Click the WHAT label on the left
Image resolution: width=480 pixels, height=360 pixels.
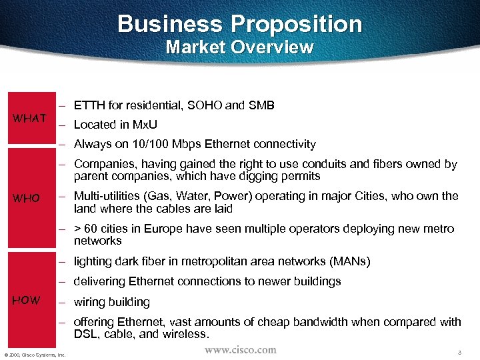[x=30, y=119]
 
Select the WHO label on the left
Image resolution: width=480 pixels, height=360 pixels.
[x=27, y=199]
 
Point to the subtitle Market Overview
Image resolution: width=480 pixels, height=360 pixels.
[x=239, y=47]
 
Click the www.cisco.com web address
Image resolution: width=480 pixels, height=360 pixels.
[x=240, y=349]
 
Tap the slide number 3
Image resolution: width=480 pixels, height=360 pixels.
[x=460, y=351]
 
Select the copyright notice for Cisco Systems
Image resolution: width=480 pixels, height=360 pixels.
[x=34, y=354]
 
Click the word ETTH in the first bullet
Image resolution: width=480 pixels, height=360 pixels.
[x=87, y=105]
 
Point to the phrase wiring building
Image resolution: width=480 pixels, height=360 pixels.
[x=112, y=302]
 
